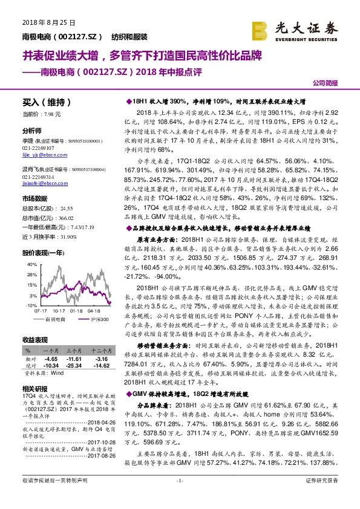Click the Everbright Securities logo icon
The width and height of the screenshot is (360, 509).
pyautogui.click(x=261, y=28)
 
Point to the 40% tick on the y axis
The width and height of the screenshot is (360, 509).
pyautogui.click(x=30, y=265)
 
